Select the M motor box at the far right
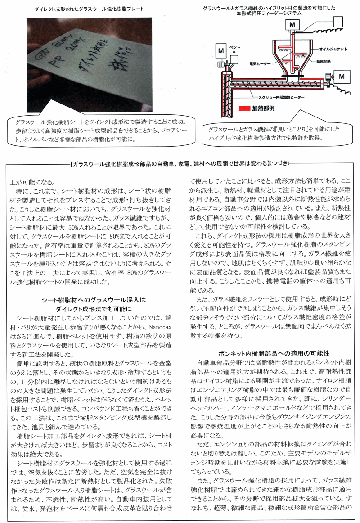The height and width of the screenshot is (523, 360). (341, 77)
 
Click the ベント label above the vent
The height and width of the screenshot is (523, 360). (235, 46)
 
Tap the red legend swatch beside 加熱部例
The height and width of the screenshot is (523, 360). (245, 109)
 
